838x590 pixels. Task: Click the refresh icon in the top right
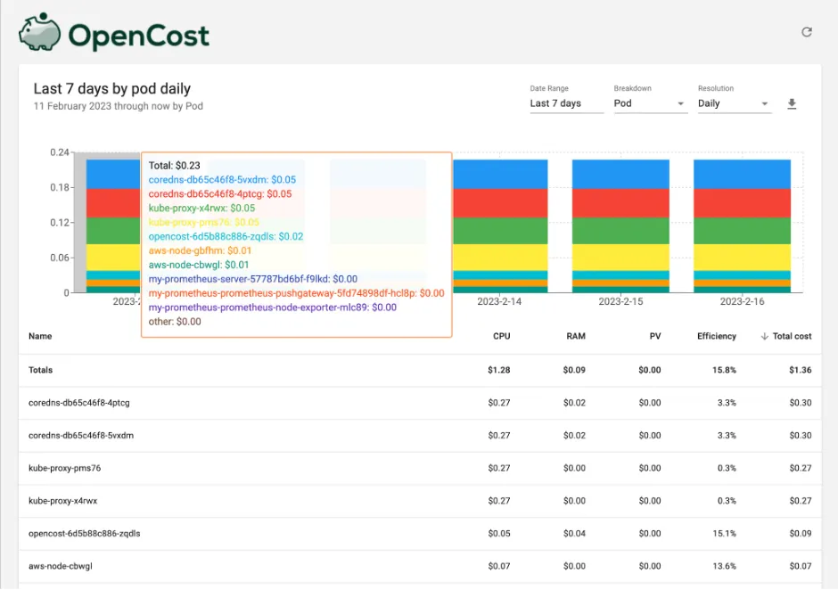click(807, 32)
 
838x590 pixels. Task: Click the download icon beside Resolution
click(792, 104)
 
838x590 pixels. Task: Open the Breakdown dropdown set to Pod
click(650, 103)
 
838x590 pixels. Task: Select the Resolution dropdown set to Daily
click(734, 103)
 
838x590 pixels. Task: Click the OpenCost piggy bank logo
click(40, 34)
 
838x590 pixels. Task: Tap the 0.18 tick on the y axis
click(59, 187)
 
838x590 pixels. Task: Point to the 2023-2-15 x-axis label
click(620, 302)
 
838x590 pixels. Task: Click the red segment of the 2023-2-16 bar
click(742, 202)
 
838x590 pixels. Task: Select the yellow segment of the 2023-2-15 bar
click(620, 257)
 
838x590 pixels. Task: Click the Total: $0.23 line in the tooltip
click(175, 165)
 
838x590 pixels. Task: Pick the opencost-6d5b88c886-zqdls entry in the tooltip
click(226, 236)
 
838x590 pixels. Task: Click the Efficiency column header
click(717, 336)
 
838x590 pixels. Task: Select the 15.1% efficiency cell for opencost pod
click(725, 534)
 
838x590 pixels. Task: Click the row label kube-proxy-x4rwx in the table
click(62, 501)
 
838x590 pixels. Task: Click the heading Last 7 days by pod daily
click(112, 89)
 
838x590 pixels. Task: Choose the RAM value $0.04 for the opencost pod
click(574, 534)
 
